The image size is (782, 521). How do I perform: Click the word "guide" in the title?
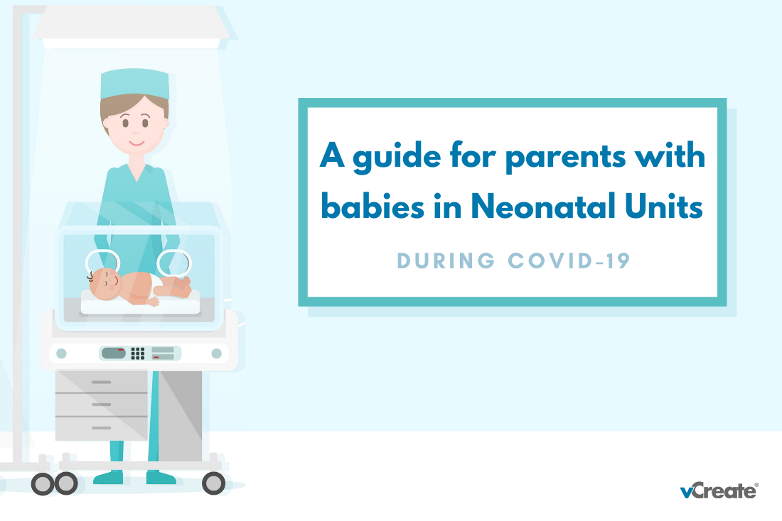coord(397,156)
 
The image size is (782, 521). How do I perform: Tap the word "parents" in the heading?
coord(566,156)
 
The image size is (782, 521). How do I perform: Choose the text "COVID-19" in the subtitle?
coord(569,261)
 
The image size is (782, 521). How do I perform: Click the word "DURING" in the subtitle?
coord(446,261)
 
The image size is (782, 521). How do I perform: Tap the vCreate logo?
coord(719,490)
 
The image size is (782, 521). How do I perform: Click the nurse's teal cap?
coord(134,84)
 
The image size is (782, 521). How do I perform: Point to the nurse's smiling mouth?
coord(136,143)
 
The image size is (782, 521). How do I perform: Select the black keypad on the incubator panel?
coord(138,353)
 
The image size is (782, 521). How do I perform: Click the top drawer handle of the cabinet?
coord(101,382)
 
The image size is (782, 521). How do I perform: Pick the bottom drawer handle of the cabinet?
coord(101,428)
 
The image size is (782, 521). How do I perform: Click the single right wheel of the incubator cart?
coord(213,483)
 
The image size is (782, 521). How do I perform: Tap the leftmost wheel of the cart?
coord(43,483)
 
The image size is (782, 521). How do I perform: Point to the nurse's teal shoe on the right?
coord(161,478)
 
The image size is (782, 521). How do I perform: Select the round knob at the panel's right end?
coord(216,353)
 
